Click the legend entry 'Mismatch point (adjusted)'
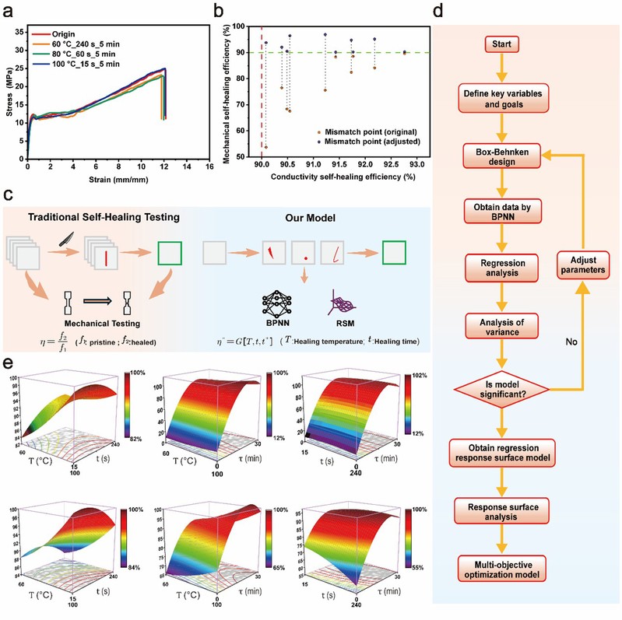(374, 142)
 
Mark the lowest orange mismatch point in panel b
(266, 146)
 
